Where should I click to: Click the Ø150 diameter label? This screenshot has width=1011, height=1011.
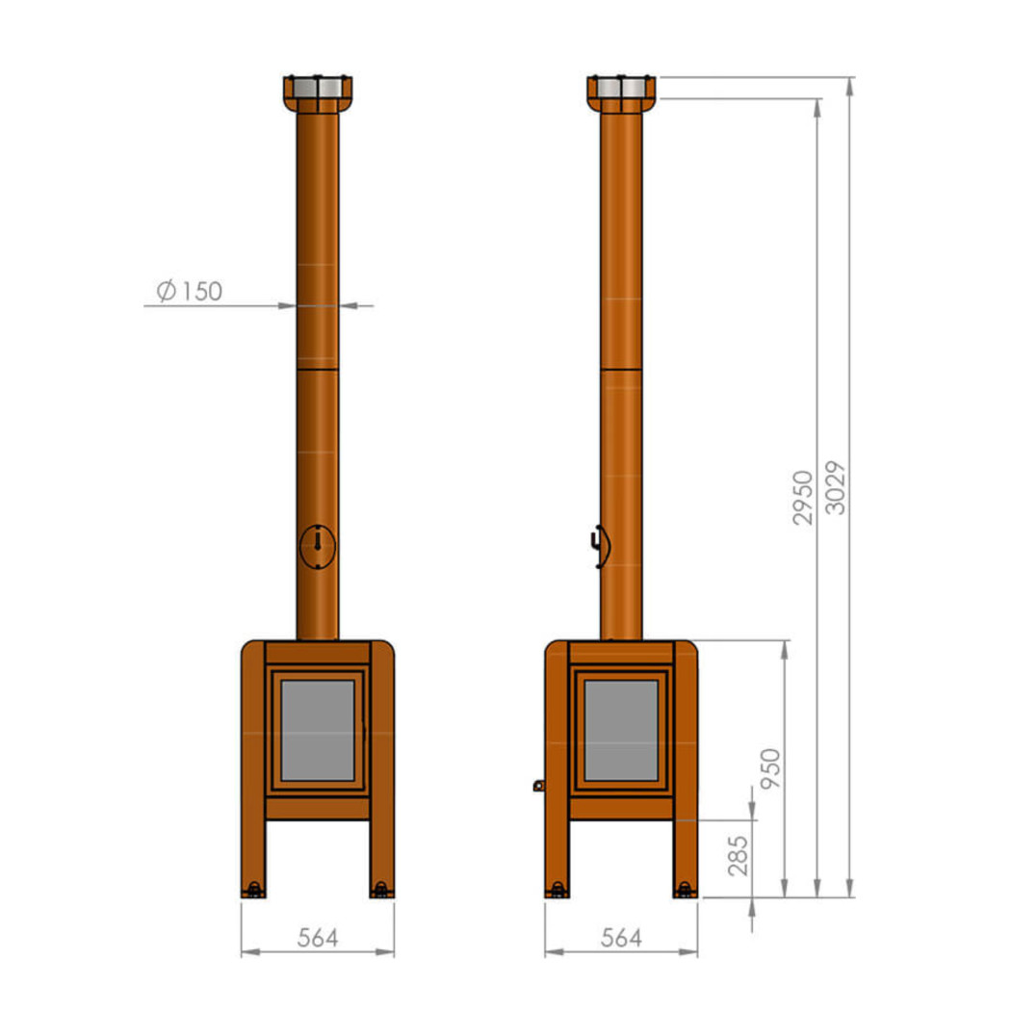pyautogui.click(x=190, y=291)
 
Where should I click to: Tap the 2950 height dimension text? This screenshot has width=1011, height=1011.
pyautogui.click(x=803, y=498)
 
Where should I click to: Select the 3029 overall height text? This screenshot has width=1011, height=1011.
pyautogui.click(x=836, y=487)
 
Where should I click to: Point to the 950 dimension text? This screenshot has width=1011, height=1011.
pyautogui.click(x=770, y=768)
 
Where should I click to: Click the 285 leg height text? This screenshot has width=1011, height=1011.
pyautogui.click(x=738, y=856)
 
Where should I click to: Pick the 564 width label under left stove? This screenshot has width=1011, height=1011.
pyautogui.click(x=318, y=938)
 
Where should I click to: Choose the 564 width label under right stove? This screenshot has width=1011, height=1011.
pyautogui.click(x=621, y=938)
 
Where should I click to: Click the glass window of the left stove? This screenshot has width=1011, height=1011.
pyautogui.click(x=318, y=731)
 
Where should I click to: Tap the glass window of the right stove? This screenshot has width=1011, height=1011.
pyautogui.click(x=621, y=731)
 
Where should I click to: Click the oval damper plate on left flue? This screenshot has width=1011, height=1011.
pyautogui.click(x=318, y=547)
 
